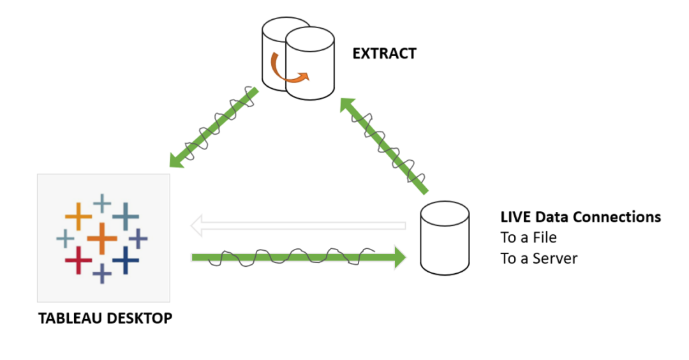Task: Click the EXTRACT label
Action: click(x=384, y=54)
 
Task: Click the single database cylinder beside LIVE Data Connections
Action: click(x=445, y=238)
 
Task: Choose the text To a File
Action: click(x=528, y=237)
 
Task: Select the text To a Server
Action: click(x=538, y=259)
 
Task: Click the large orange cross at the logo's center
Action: click(x=101, y=239)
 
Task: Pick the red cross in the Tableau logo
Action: click(x=78, y=260)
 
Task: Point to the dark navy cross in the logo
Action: click(x=126, y=259)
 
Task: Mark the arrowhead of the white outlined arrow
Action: click(x=198, y=225)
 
